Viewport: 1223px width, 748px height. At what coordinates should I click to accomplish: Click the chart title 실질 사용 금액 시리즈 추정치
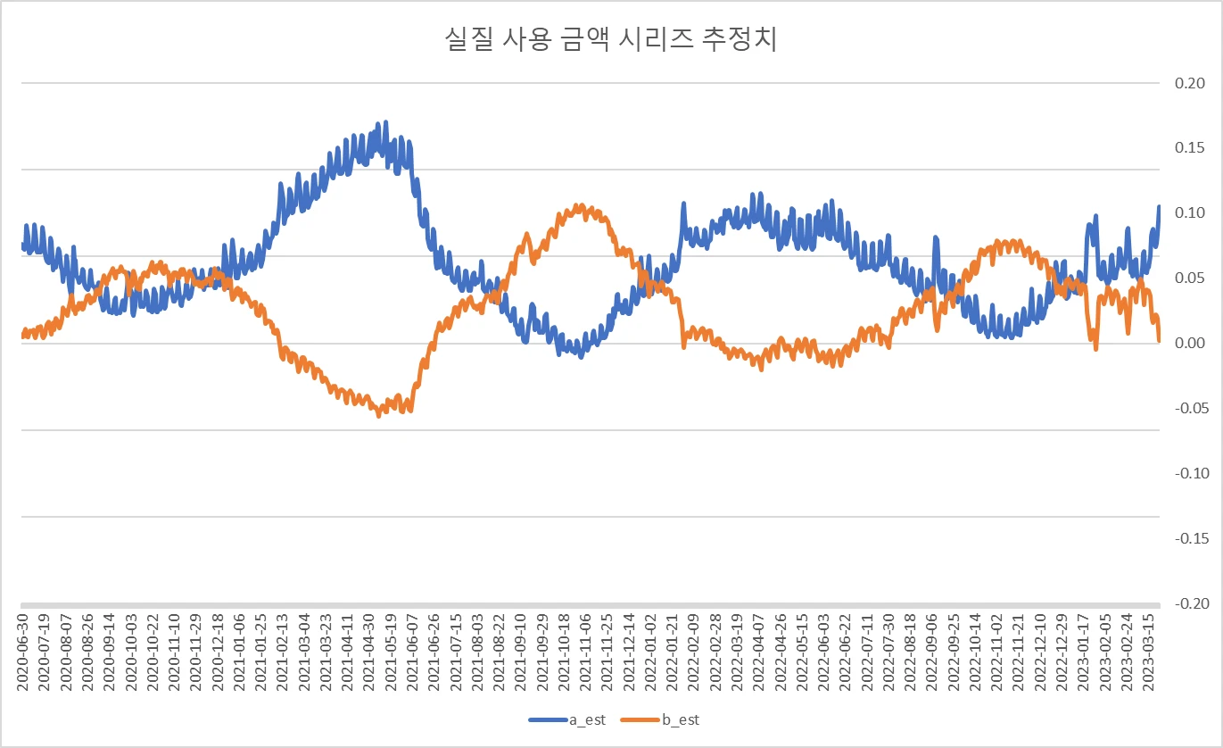611,40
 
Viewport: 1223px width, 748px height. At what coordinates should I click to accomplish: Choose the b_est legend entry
661,719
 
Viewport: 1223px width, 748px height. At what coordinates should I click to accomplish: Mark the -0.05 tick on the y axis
1190,408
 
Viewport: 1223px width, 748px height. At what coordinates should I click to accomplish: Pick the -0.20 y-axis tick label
1190,603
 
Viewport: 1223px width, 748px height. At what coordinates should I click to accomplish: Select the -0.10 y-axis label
1190,473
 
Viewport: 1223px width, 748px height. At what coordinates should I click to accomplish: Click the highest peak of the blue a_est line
384,122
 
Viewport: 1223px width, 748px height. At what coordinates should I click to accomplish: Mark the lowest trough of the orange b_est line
379,415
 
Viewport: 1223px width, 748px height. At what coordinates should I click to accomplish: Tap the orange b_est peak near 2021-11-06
581,206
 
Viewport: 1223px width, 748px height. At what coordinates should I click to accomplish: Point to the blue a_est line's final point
1159,207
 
